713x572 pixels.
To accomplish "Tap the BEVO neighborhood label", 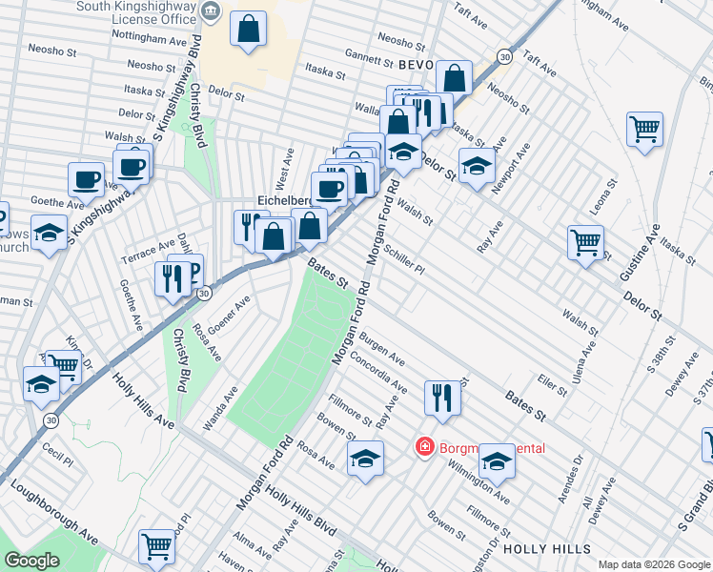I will click(x=417, y=65).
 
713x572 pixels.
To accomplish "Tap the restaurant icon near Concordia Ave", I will click(x=442, y=397).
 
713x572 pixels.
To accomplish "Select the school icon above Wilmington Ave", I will click(x=497, y=461).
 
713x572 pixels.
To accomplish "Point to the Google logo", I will click(x=31, y=561).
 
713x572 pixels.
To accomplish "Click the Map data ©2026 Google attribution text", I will click(x=654, y=564).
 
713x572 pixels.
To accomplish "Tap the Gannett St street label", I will click(x=371, y=56).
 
